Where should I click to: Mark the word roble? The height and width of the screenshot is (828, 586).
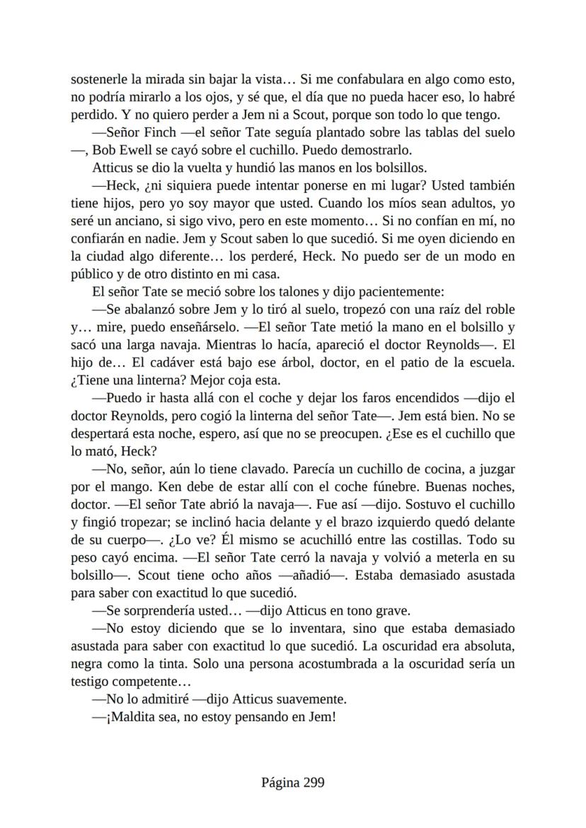click(x=499, y=309)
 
